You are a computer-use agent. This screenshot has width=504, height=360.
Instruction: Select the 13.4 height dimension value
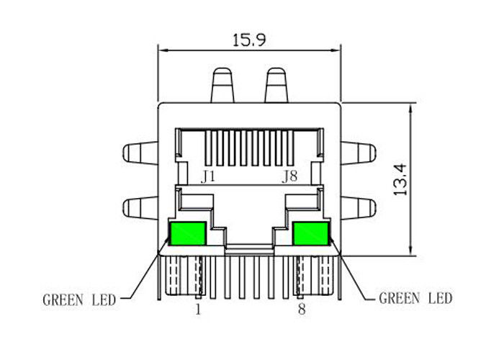coord(400,180)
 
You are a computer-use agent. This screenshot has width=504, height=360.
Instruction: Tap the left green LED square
coord(188,234)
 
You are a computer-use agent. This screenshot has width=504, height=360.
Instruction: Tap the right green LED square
coord(311,234)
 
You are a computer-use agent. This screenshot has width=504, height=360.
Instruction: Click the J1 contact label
coord(207,177)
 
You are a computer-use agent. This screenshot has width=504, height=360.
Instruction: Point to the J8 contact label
coord(289,177)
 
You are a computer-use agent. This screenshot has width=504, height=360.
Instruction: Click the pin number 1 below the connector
coord(198,310)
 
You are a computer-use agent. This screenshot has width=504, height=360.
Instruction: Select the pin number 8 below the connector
coord(302,310)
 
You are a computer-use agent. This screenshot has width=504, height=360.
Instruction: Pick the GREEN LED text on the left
coord(79,300)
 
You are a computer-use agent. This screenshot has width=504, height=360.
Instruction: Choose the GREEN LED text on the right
coord(415,298)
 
